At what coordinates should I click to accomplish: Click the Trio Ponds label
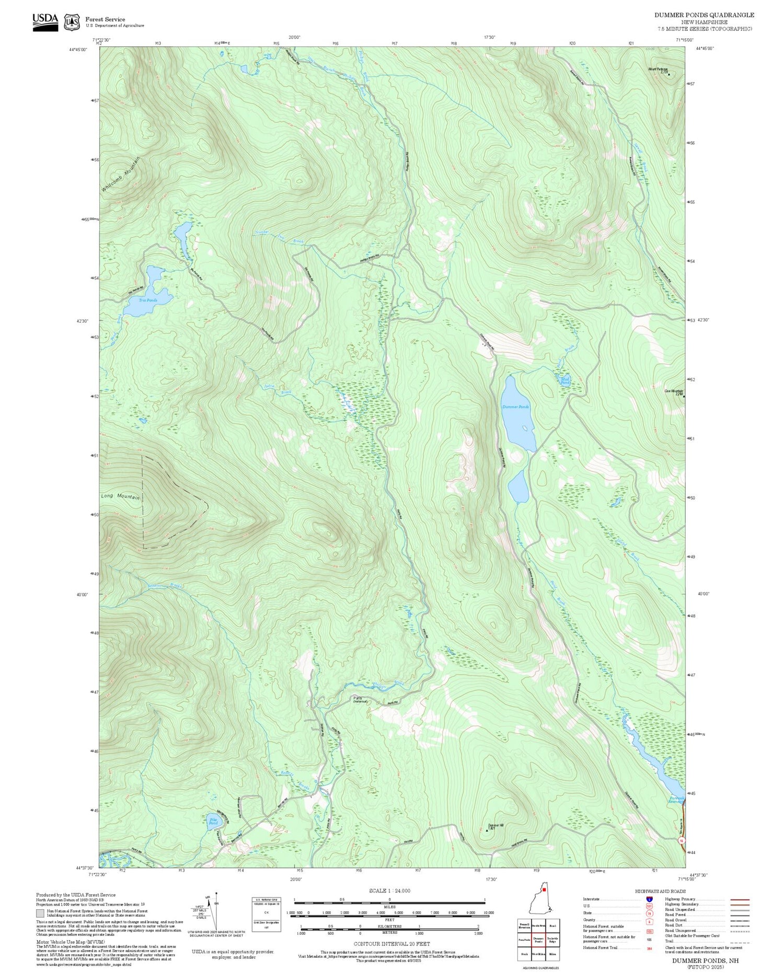tap(148, 300)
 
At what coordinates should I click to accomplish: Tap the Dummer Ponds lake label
tap(515, 407)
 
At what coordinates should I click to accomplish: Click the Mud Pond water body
tap(564, 380)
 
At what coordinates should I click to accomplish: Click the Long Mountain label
tap(120, 496)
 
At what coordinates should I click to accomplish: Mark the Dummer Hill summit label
tap(495, 826)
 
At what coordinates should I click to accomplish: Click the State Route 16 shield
tap(681, 841)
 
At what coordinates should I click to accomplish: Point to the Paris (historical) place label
tap(360, 699)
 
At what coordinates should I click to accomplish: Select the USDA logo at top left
tap(45, 21)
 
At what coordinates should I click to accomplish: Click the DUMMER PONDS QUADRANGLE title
tap(704, 15)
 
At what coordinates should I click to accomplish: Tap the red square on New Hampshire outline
tap(544, 888)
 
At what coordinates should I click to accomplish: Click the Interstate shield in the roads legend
tap(649, 899)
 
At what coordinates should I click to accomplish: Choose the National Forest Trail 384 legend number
tap(649, 948)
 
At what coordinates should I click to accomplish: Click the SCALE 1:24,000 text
tap(389, 890)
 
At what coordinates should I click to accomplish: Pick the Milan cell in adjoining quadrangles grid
tap(552, 954)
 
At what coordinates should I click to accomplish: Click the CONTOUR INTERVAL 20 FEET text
tap(392, 944)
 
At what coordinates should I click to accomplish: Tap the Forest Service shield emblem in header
tap(72, 22)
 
